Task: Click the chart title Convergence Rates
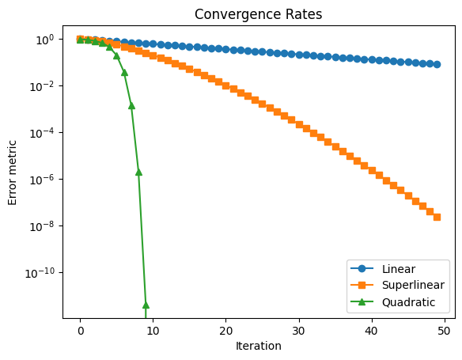(258, 14)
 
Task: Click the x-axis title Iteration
(258, 346)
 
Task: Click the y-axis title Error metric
(13, 172)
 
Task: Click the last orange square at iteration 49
(437, 217)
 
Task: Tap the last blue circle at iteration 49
(437, 64)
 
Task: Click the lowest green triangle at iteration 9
(146, 305)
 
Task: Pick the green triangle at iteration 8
(138, 172)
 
